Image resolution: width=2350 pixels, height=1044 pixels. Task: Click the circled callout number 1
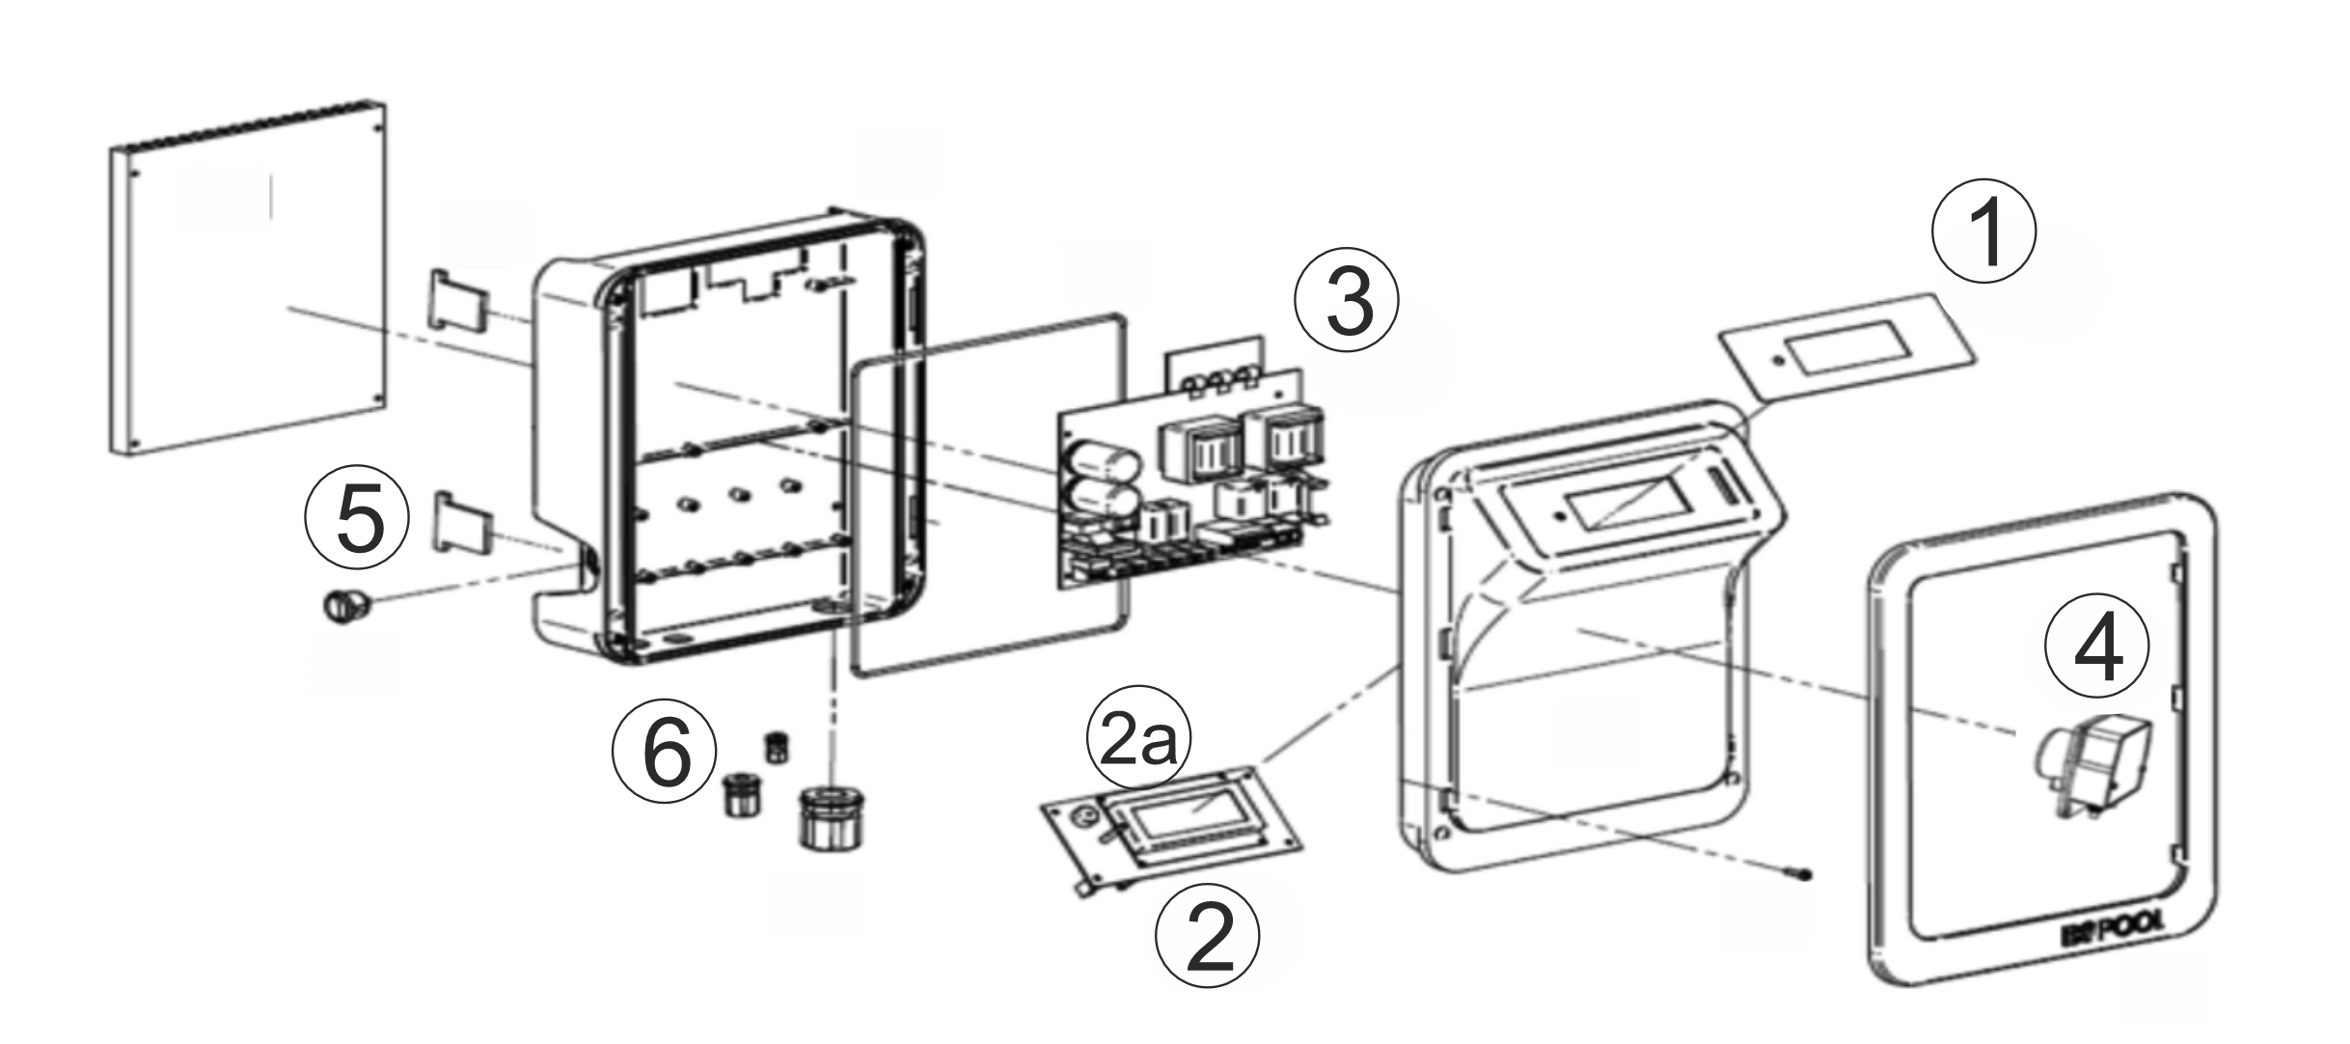pos(1983,232)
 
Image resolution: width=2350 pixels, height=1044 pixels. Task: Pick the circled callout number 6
pos(665,753)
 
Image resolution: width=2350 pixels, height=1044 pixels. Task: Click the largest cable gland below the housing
pos(826,817)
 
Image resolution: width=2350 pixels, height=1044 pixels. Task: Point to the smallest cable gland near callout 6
pos(776,748)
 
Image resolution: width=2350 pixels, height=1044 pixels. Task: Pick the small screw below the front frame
pos(1802,875)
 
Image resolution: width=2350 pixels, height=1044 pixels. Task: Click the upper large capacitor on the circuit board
pos(1099,459)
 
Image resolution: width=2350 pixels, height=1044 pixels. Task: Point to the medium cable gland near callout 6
pos(743,793)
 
